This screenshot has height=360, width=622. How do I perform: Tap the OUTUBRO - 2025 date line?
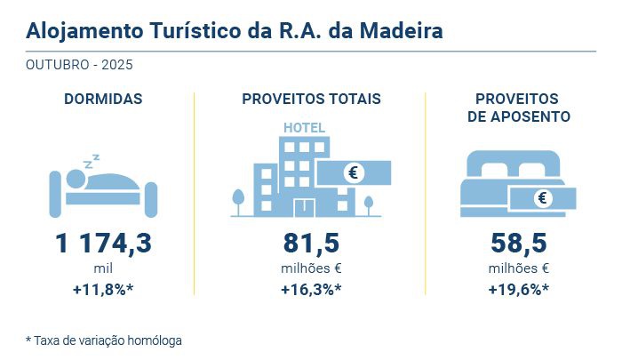click(80, 66)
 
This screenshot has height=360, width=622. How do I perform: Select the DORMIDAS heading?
click(103, 99)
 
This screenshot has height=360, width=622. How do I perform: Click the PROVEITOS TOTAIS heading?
click(311, 99)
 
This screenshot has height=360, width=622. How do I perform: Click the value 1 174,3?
click(103, 243)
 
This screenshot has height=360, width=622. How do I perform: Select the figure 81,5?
click(311, 243)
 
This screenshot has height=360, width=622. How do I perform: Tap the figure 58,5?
click(519, 243)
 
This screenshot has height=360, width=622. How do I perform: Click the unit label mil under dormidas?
click(103, 268)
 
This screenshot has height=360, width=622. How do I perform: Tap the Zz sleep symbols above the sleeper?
click(91, 161)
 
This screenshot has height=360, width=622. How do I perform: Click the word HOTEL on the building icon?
click(304, 127)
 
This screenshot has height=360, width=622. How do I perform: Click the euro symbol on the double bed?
click(541, 198)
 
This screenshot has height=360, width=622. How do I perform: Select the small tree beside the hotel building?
click(237, 200)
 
